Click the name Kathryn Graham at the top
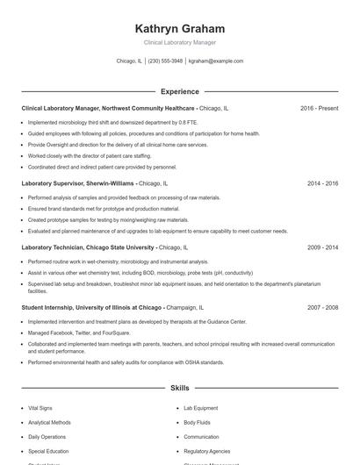pos(180,28)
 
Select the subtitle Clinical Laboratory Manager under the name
pos(180,42)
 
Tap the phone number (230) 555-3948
pos(165,61)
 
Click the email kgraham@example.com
pos(216,61)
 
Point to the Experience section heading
pos(180,91)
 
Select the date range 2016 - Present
pos(319,108)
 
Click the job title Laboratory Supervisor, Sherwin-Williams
pos(78,184)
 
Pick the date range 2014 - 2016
pos(322,184)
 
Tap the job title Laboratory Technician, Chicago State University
pos(88,248)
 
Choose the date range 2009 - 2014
pos(322,248)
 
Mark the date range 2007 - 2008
pos(322,308)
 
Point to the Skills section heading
pos(180,387)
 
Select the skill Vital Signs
pos(40,408)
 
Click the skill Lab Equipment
pos(200,408)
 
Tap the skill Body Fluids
pos(197,422)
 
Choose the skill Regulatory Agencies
pos(206,450)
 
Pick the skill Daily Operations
pos(47,436)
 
